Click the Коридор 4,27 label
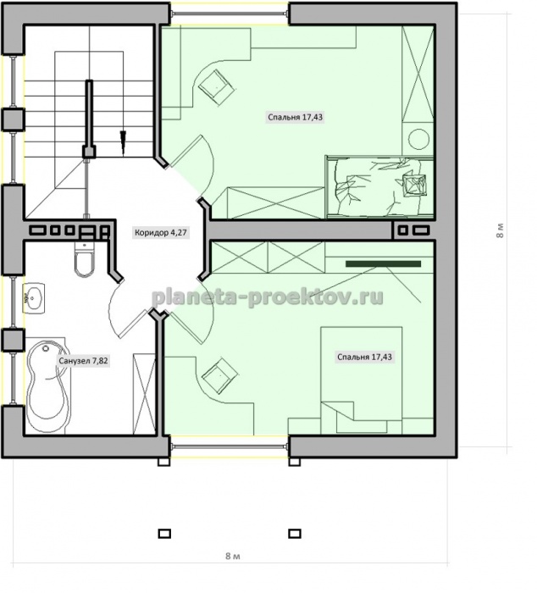click(x=161, y=232)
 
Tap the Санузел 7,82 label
click(x=83, y=361)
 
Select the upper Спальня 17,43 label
click(x=296, y=117)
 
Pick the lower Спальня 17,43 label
click(x=364, y=357)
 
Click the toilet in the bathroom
click(x=84, y=258)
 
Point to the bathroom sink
click(x=34, y=298)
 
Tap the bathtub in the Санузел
click(x=47, y=386)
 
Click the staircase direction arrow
click(x=123, y=142)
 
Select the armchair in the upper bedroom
click(x=217, y=87)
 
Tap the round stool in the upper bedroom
click(x=418, y=139)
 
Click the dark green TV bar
click(x=383, y=263)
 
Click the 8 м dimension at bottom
click(x=233, y=556)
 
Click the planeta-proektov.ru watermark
click(x=268, y=297)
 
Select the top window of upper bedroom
click(x=229, y=14)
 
